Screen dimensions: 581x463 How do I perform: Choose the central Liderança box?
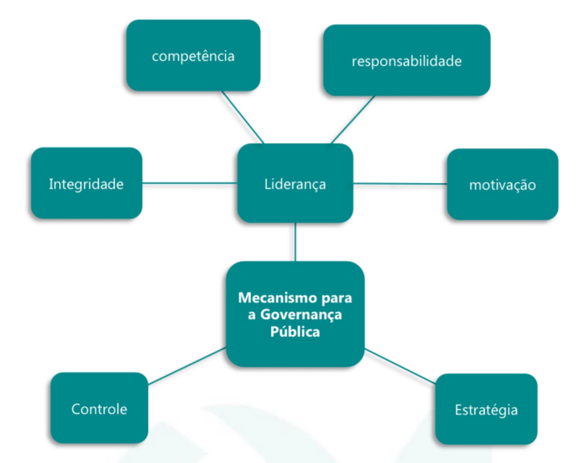pyautogui.click(x=295, y=184)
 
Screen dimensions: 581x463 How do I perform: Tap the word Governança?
pyautogui.click(x=301, y=314)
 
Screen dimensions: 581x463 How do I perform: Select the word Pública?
pyautogui.click(x=295, y=332)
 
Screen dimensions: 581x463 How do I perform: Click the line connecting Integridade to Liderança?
pyautogui.click(x=189, y=183)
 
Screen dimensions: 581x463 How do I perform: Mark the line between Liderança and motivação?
pyautogui.click(x=400, y=184)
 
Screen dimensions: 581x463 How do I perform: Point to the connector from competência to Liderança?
pyautogui.click(x=243, y=117)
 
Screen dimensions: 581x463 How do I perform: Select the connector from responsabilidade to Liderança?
pyautogui.click(x=353, y=119)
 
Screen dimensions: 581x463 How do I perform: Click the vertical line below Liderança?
pyautogui.click(x=295, y=242)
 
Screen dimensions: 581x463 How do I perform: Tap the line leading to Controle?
pyautogui.click(x=187, y=366)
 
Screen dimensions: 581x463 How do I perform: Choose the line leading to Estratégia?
pyautogui.click(x=400, y=366)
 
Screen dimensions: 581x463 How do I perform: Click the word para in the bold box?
pyautogui.click(x=337, y=297)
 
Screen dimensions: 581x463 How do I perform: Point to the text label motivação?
pyautogui.click(x=502, y=185)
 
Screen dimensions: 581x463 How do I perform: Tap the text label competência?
pyautogui.click(x=193, y=56)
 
